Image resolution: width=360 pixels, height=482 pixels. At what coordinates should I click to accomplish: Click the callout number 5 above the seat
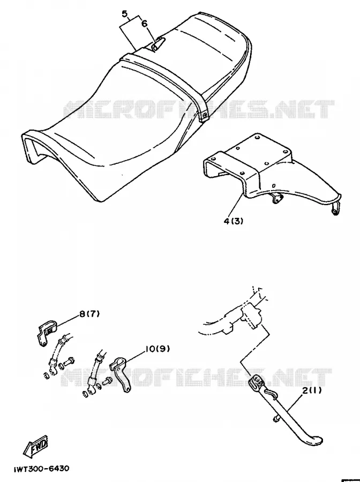coord(124,14)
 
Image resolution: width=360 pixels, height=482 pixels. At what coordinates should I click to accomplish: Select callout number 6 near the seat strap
coord(145,24)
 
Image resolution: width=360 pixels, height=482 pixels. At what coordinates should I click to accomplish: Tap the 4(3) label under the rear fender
coord(234,221)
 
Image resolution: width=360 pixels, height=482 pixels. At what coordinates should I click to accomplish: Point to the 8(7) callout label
coord(89,314)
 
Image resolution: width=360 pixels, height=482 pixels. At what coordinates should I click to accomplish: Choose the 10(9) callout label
coord(157,349)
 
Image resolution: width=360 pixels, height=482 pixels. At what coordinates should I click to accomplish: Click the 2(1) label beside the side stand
coord(312,390)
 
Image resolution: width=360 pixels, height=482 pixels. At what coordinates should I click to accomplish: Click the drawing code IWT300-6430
coord(41,469)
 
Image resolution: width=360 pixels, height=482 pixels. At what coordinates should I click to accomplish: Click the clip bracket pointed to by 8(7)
coord(47,332)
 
